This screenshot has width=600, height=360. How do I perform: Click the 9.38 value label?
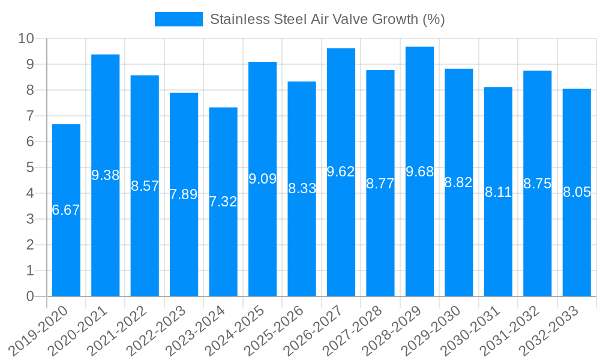point(105,176)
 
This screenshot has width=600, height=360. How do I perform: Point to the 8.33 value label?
point(302,188)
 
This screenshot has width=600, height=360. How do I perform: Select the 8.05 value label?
point(577,193)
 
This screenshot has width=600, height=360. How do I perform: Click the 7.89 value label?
point(184,194)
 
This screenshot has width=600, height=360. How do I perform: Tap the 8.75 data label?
point(537,184)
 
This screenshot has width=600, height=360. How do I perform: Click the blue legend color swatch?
point(178,19)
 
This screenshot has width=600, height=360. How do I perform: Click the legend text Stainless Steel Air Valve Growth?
point(327,19)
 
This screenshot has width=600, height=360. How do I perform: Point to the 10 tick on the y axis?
point(26,39)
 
